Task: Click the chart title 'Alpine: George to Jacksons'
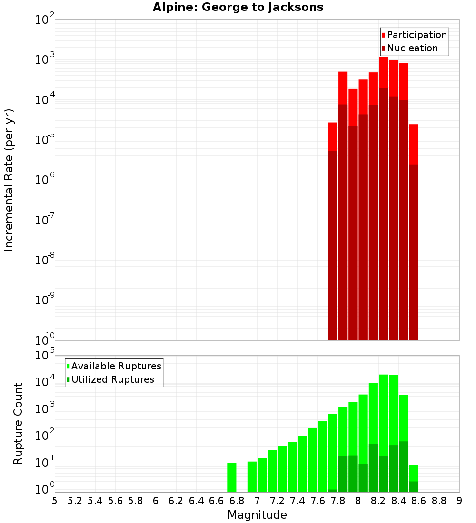(x=238, y=8)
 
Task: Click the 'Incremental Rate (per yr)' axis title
(x=9, y=180)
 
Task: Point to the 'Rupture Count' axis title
(x=18, y=424)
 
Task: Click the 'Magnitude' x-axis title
(x=257, y=515)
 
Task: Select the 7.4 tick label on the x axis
(x=297, y=501)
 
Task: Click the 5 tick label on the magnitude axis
(x=55, y=501)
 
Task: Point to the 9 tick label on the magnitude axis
(x=459, y=501)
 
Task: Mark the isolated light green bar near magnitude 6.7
(x=232, y=477)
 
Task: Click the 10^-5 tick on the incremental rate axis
(x=45, y=140)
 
